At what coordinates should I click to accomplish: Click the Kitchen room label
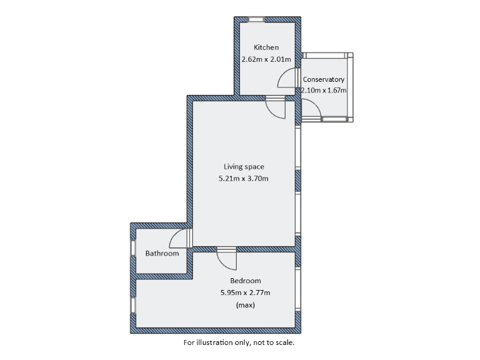pos(266,47)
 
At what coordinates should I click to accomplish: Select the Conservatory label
pos(324,79)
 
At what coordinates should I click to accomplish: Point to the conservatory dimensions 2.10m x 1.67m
pos(324,90)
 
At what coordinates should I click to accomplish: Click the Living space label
pos(244,166)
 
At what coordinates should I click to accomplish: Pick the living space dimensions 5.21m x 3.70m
pos(244,179)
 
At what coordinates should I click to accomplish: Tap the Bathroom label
pos(162,253)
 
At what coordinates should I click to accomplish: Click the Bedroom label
pos(246,281)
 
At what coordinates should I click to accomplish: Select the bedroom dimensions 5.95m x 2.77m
pos(246,292)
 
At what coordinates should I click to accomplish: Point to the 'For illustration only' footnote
pos(239,342)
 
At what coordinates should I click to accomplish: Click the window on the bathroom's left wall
pos(132,247)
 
